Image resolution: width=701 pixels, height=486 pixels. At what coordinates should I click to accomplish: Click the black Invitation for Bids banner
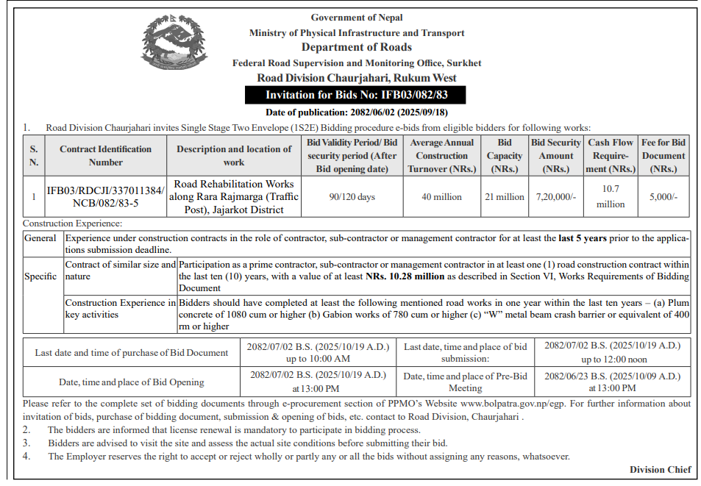(x=356, y=95)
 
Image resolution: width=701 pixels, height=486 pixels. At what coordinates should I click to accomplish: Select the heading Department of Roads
(x=356, y=47)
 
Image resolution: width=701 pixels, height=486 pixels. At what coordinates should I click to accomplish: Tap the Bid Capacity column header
(x=504, y=156)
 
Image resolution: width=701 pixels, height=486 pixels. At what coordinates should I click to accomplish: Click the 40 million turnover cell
(x=441, y=197)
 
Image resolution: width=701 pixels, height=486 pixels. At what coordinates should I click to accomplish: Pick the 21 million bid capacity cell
(x=504, y=197)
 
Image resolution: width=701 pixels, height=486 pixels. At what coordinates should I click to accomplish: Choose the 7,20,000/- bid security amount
(x=556, y=197)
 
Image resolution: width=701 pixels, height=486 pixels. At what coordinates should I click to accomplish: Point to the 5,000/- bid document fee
(x=663, y=197)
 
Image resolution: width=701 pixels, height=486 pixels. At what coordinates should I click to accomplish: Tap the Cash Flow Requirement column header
(x=611, y=156)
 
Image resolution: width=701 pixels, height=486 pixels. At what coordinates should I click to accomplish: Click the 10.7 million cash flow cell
(x=611, y=197)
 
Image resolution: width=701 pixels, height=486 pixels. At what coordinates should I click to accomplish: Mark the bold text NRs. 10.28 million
(x=407, y=277)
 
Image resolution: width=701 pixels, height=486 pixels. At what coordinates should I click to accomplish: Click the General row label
(x=40, y=238)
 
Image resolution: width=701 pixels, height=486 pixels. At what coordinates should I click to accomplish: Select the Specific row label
(x=40, y=276)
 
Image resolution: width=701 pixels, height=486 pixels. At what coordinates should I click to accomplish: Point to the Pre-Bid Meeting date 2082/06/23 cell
(x=612, y=381)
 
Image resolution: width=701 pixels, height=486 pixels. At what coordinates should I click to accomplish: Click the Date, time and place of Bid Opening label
(x=132, y=382)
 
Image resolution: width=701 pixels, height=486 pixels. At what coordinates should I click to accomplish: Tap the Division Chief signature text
(x=660, y=470)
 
